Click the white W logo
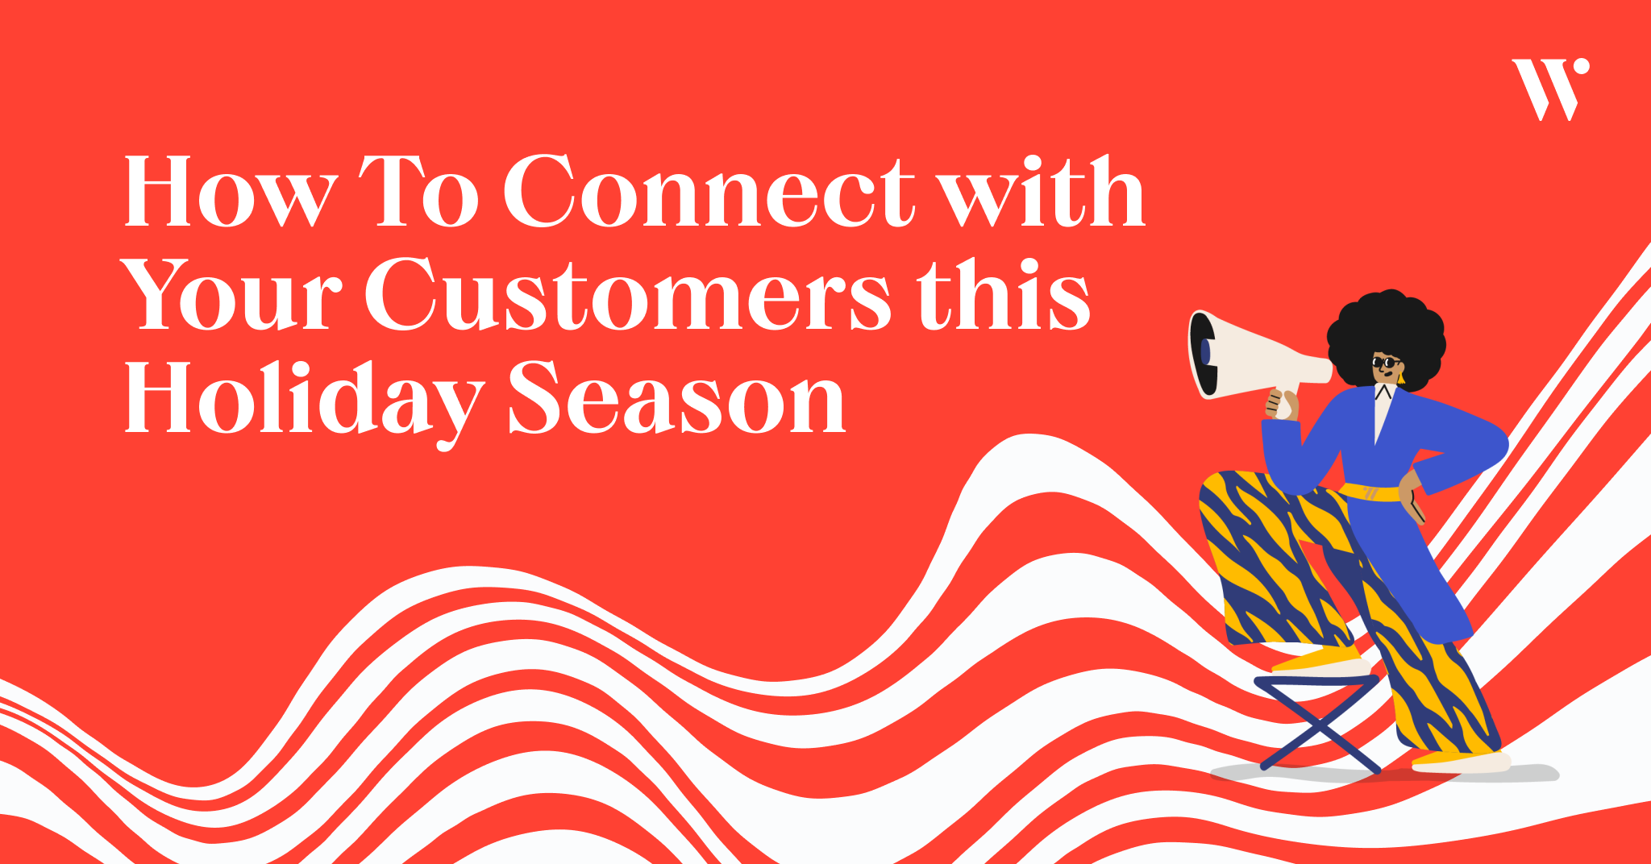(x=1549, y=89)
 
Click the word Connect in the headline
(x=709, y=192)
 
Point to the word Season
(x=677, y=400)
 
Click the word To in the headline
(x=419, y=192)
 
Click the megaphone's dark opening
(x=1203, y=354)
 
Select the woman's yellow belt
(x=1370, y=492)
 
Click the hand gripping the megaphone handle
(x=1282, y=404)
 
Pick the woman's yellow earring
(x=1401, y=377)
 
